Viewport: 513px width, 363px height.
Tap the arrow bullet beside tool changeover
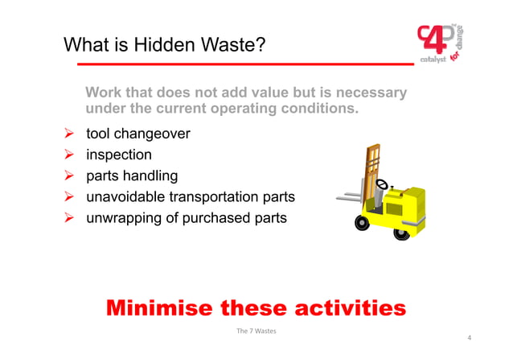coord(69,134)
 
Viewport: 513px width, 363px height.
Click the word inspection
coord(119,155)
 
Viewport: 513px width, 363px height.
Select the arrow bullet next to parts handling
coord(69,175)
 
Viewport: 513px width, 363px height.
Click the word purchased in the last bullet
coord(215,217)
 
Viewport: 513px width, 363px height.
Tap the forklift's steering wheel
coord(382,184)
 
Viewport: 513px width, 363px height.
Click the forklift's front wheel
coord(363,221)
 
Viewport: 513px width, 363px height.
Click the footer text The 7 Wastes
coord(256,332)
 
